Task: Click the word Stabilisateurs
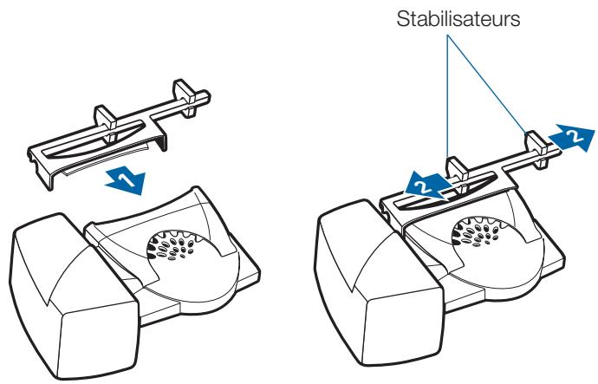pyautogui.click(x=458, y=19)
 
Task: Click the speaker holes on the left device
pyautogui.click(x=172, y=245)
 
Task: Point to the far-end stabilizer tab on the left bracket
pyautogui.click(x=185, y=97)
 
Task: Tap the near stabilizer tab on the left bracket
pyautogui.click(x=105, y=123)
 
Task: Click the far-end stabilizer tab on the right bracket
pyautogui.click(x=537, y=149)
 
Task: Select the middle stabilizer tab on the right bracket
pyautogui.click(x=458, y=174)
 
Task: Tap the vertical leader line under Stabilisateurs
pyautogui.click(x=447, y=96)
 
